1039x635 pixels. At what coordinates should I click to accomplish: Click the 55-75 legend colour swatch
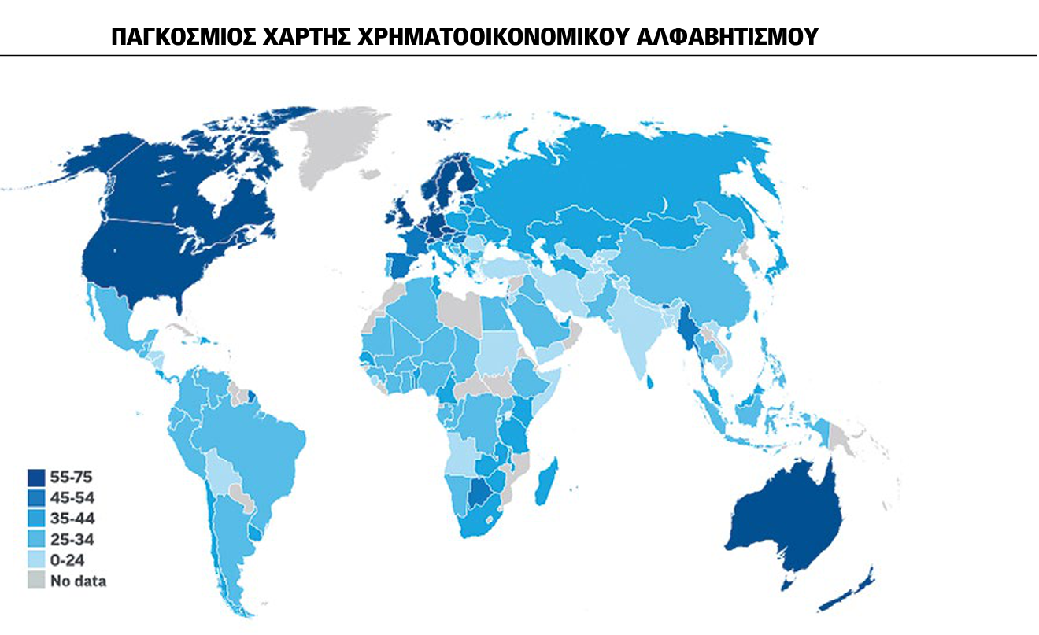36,478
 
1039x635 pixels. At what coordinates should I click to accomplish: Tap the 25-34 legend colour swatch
36,540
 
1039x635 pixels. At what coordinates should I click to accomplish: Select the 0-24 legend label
66,560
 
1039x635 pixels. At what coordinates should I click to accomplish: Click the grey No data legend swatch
36,581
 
